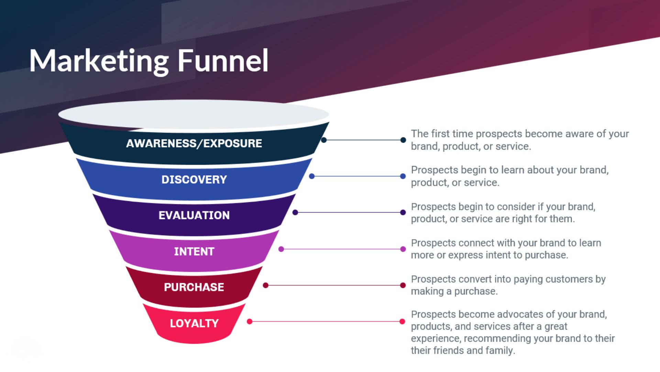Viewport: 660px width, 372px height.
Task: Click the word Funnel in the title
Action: (x=223, y=61)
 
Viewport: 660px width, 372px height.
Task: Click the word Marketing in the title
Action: (x=99, y=61)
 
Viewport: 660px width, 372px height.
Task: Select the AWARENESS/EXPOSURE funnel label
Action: (x=194, y=143)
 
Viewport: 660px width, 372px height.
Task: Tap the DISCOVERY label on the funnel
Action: (x=194, y=179)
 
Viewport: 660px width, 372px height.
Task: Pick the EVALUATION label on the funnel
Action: (x=194, y=215)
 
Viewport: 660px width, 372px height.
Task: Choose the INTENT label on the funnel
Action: (x=194, y=251)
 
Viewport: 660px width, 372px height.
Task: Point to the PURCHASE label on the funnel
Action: (x=194, y=287)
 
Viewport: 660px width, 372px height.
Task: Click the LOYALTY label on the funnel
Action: (x=194, y=323)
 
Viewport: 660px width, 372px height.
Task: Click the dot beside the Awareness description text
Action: (x=403, y=140)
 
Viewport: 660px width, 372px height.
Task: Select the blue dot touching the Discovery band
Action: (x=312, y=176)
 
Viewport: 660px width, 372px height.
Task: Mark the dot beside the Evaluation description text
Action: (x=403, y=213)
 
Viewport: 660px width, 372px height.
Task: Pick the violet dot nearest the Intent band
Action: (x=281, y=249)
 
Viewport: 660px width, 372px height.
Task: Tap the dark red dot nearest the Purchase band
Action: (x=266, y=285)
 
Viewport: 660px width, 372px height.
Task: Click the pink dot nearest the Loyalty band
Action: (x=250, y=321)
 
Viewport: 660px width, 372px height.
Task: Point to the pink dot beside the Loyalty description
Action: (x=402, y=321)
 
